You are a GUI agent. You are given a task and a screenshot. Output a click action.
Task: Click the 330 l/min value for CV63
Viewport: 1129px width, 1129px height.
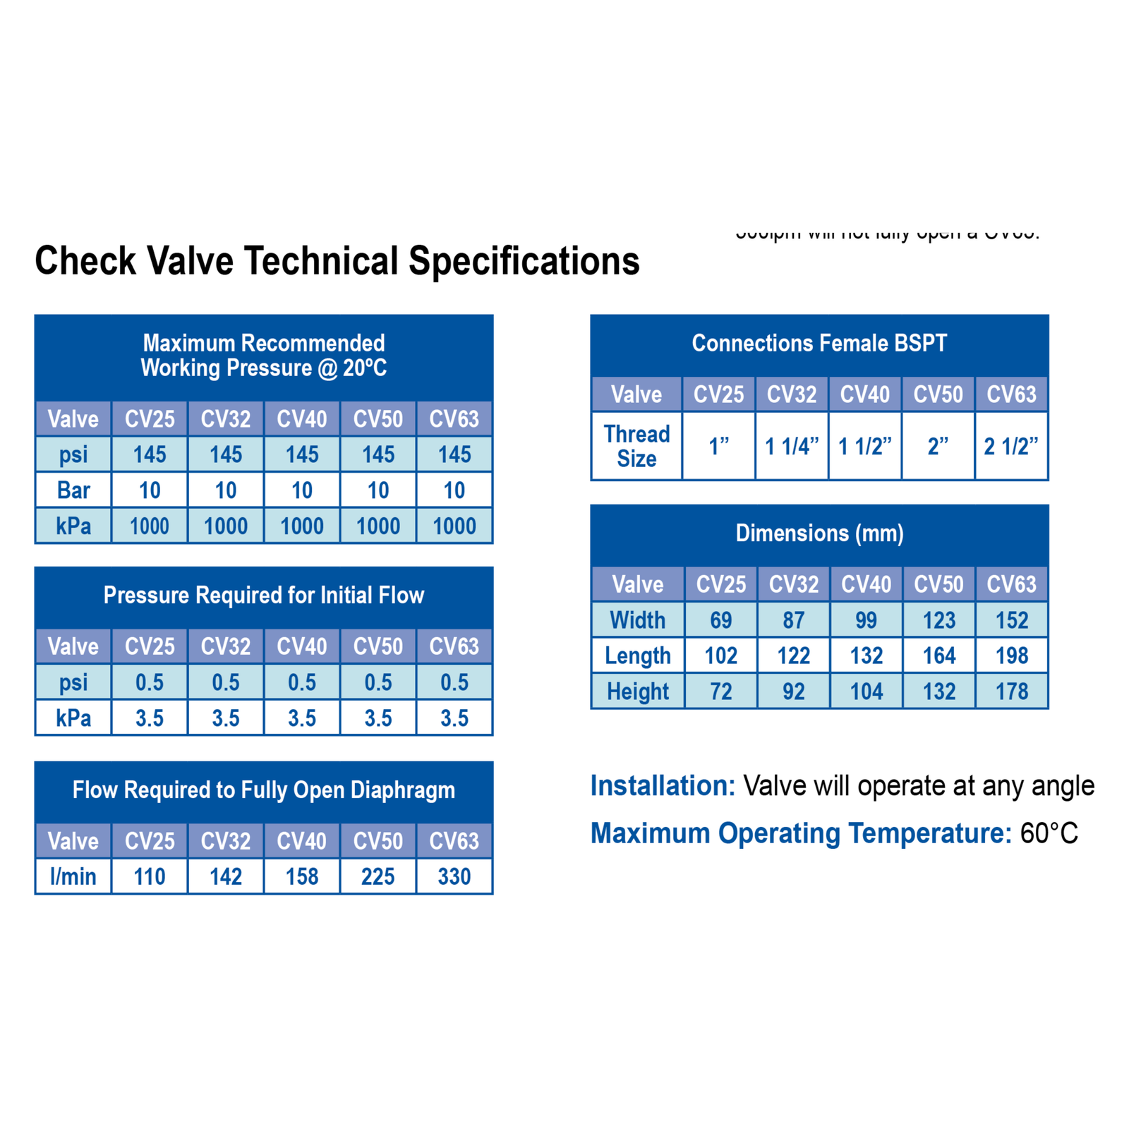[x=454, y=876]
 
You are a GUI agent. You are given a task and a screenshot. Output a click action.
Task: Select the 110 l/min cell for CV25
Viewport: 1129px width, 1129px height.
[x=150, y=876]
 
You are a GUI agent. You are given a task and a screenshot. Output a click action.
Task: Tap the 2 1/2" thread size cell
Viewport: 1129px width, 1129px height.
[x=1011, y=446]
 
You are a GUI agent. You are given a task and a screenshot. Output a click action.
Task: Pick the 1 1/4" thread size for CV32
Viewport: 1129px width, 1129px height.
[x=792, y=446]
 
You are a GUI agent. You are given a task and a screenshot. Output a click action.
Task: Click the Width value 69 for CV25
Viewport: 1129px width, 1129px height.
[x=720, y=620]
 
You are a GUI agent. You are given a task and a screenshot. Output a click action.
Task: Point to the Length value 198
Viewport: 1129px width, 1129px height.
[x=1012, y=656]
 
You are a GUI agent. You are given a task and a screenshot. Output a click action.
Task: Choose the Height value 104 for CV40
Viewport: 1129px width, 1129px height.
[x=866, y=692]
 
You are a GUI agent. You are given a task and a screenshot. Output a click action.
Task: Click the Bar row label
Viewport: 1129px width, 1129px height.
[x=73, y=490]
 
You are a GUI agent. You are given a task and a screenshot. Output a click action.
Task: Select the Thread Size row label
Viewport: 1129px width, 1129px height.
[x=636, y=446]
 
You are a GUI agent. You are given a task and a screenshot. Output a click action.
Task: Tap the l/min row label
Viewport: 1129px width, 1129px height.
[x=73, y=876]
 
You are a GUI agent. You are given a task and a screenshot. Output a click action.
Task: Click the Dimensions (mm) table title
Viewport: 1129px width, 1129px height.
[x=819, y=533]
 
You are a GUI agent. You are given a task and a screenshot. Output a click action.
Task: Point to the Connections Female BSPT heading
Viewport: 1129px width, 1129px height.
[x=819, y=343]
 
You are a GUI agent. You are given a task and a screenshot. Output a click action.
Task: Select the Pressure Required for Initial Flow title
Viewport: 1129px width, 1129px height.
[x=264, y=595]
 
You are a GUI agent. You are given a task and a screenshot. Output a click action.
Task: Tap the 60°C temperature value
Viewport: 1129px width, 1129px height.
[x=1049, y=833]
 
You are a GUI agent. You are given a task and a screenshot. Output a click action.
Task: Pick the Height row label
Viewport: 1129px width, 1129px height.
[x=638, y=692]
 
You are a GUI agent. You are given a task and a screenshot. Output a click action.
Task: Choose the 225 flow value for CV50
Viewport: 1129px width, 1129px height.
[x=378, y=876]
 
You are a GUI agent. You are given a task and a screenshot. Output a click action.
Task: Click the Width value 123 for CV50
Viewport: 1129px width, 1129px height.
[x=939, y=620]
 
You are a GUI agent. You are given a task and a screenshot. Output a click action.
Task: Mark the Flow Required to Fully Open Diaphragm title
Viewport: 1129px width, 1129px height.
[x=264, y=790]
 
